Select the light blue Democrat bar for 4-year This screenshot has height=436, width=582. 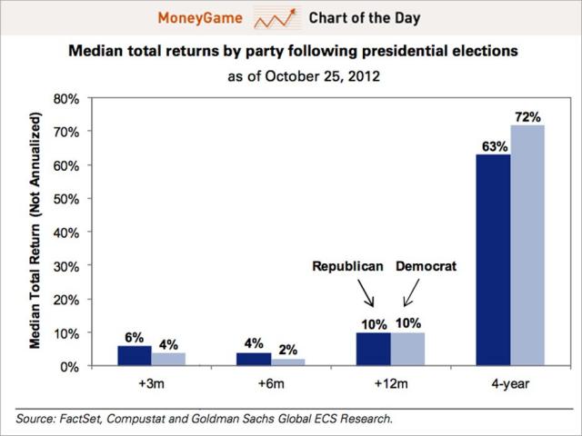tap(527, 245)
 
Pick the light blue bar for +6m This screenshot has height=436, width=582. tap(286, 362)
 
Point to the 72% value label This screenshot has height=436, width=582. tap(529, 117)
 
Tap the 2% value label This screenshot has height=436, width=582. tap(287, 349)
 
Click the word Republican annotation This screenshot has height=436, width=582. tap(348, 266)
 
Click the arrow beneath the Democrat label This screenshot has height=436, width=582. tap(409, 292)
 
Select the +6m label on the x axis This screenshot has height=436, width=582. tap(270, 384)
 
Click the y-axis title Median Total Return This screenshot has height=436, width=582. tap(38, 232)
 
